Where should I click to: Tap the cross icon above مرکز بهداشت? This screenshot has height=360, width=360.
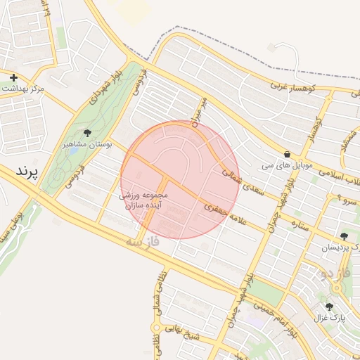13,77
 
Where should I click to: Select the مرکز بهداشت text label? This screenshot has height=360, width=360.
23,89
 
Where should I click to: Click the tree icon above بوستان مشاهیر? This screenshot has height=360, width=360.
87,132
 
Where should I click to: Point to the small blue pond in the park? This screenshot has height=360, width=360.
74,150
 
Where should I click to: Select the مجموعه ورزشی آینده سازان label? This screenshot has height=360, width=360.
144,200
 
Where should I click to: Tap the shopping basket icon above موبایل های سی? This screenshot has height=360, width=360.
287,155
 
